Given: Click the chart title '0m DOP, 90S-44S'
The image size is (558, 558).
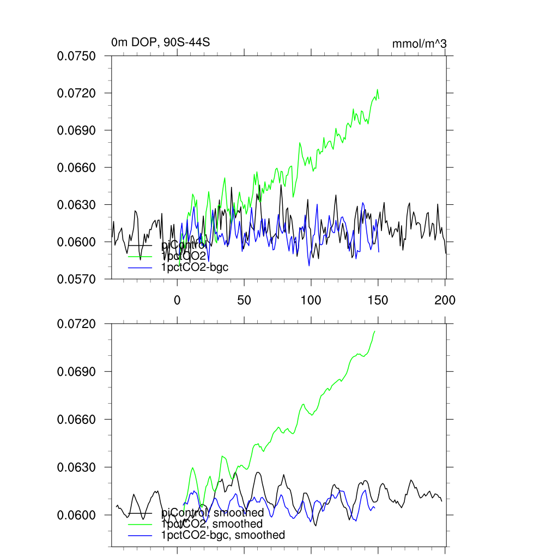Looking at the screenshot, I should point(160,42).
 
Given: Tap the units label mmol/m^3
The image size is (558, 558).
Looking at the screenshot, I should point(419,43).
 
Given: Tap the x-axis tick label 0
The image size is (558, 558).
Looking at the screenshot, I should point(177,300).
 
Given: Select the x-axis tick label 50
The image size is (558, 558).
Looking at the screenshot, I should point(244,300).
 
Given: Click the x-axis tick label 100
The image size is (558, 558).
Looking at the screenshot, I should point(311,300).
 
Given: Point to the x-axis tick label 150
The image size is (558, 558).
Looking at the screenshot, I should point(378,300).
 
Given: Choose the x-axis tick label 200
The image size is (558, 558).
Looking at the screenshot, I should point(445,300).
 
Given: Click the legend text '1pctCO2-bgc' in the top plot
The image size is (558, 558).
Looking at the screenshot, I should point(195,268).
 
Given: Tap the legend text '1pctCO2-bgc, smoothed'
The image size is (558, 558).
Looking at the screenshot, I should point(223,535).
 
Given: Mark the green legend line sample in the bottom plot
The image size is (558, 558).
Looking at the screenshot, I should point(140,524).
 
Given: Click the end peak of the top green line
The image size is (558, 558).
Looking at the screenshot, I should point(377,90).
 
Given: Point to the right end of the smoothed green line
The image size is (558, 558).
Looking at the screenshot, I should point(375,331).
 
